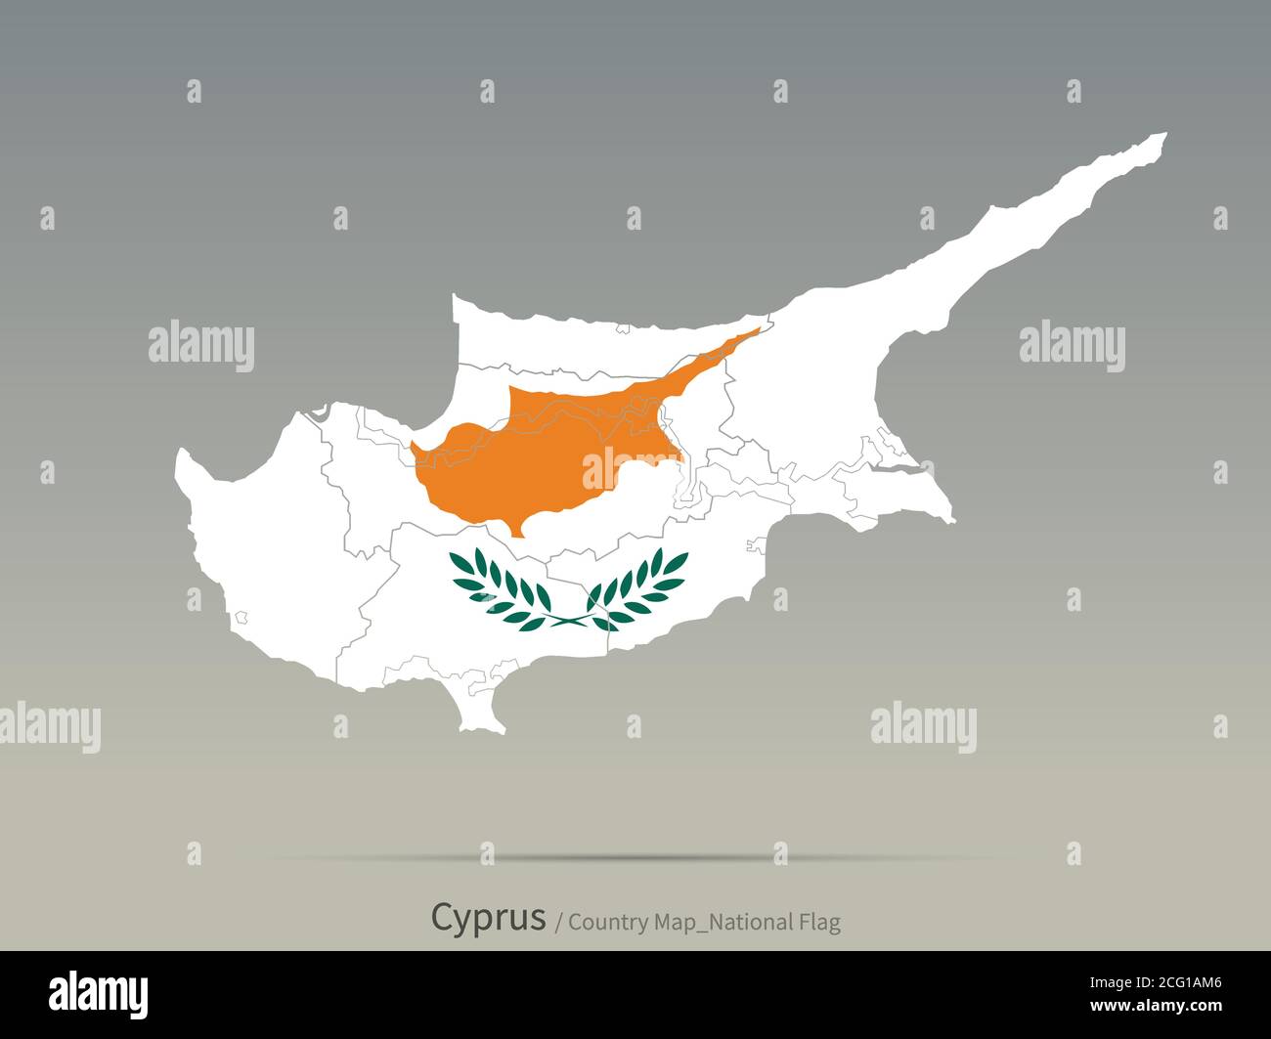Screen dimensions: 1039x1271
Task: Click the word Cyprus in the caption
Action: tap(488, 918)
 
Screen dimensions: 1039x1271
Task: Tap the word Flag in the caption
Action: tap(817, 922)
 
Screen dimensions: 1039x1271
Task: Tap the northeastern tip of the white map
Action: tap(1163, 135)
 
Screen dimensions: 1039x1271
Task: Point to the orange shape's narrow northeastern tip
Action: tap(757, 331)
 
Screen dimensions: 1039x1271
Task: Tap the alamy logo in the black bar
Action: tap(99, 993)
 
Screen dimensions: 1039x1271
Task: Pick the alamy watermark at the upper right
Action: tap(1072, 346)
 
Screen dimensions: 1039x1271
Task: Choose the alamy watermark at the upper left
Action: tap(201, 346)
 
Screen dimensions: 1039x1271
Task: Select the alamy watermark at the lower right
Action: tap(923, 728)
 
